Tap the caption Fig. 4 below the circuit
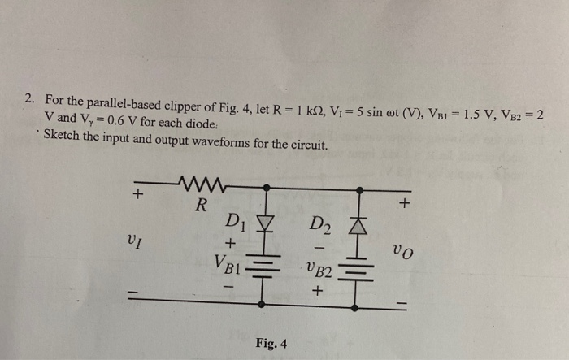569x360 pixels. coord(270,344)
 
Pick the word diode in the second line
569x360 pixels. coord(198,124)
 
